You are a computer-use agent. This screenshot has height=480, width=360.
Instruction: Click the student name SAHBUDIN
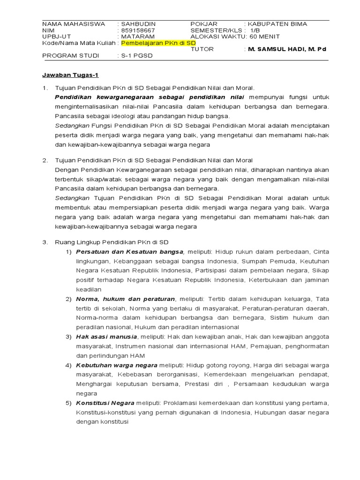138,24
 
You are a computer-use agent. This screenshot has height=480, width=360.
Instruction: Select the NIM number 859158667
138,30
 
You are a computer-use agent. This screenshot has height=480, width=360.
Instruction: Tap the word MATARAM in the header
136,36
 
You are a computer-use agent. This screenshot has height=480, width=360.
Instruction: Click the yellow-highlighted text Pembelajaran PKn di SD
158,43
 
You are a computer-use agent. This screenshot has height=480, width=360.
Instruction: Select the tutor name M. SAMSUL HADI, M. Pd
287,49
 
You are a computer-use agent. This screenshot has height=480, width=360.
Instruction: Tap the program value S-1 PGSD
137,55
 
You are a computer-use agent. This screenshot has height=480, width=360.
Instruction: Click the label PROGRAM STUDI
71,55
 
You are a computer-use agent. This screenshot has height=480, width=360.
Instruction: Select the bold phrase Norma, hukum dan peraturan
126,299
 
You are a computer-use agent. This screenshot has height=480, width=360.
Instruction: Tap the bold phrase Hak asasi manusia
107,337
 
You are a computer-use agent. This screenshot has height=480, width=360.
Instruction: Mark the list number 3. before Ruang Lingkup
45,242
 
